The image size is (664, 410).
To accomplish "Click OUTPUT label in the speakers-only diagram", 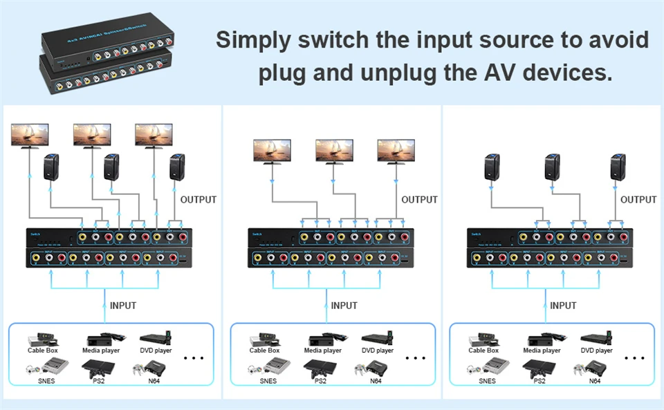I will [x=638, y=200].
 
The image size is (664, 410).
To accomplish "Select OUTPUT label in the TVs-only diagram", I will [x=419, y=200].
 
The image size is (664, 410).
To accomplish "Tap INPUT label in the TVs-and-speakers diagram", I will [x=123, y=306].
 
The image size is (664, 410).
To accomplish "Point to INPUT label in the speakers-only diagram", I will [x=563, y=306].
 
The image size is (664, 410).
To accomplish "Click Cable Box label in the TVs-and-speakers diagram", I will [x=42, y=351].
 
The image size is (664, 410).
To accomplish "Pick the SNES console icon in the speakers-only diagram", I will [x=487, y=368].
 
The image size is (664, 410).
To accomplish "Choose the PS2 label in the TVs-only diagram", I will [x=320, y=381].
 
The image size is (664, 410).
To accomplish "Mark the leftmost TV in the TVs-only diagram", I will [x=271, y=151].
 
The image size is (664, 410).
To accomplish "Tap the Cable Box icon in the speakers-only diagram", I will [x=483, y=339].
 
